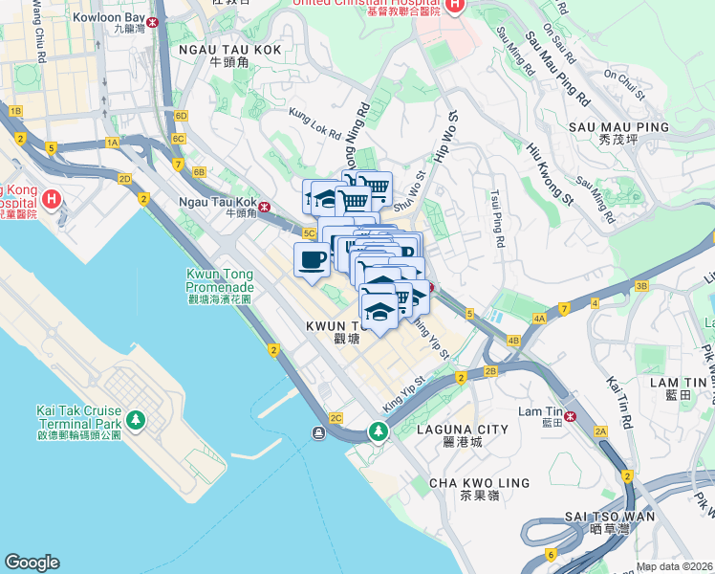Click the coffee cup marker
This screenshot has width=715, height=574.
coord(312,260)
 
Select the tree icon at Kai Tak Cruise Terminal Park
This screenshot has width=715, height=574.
coord(136,420)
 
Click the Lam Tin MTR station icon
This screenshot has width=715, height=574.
coord(572,415)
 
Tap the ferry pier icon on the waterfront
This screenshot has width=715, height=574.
coord(316,433)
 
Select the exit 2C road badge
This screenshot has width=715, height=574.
coord(335,418)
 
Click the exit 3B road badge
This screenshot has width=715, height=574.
coord(641,286)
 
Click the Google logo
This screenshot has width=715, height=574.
coord(32,563)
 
